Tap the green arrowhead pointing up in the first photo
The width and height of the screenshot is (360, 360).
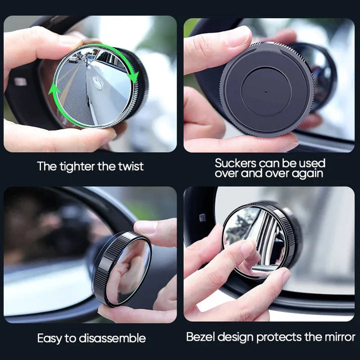click(x=53, y=89)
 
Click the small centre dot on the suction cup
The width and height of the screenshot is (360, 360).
click(x=266, y=91)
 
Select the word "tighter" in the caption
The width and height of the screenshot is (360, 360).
click(x=77, y=166)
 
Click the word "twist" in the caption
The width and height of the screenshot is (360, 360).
click(x=130, y=166)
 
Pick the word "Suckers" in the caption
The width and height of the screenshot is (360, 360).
click(x=235, y=163)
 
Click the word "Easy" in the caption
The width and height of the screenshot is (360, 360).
click(x=49, y=338)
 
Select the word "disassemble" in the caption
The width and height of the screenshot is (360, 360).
click(x=112, y=338)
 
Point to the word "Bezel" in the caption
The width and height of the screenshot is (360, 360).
click(x=200, y=337)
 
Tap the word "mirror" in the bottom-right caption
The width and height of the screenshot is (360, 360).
click(x=340, y=337)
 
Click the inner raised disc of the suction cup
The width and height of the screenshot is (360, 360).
click(x=266, y=91)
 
